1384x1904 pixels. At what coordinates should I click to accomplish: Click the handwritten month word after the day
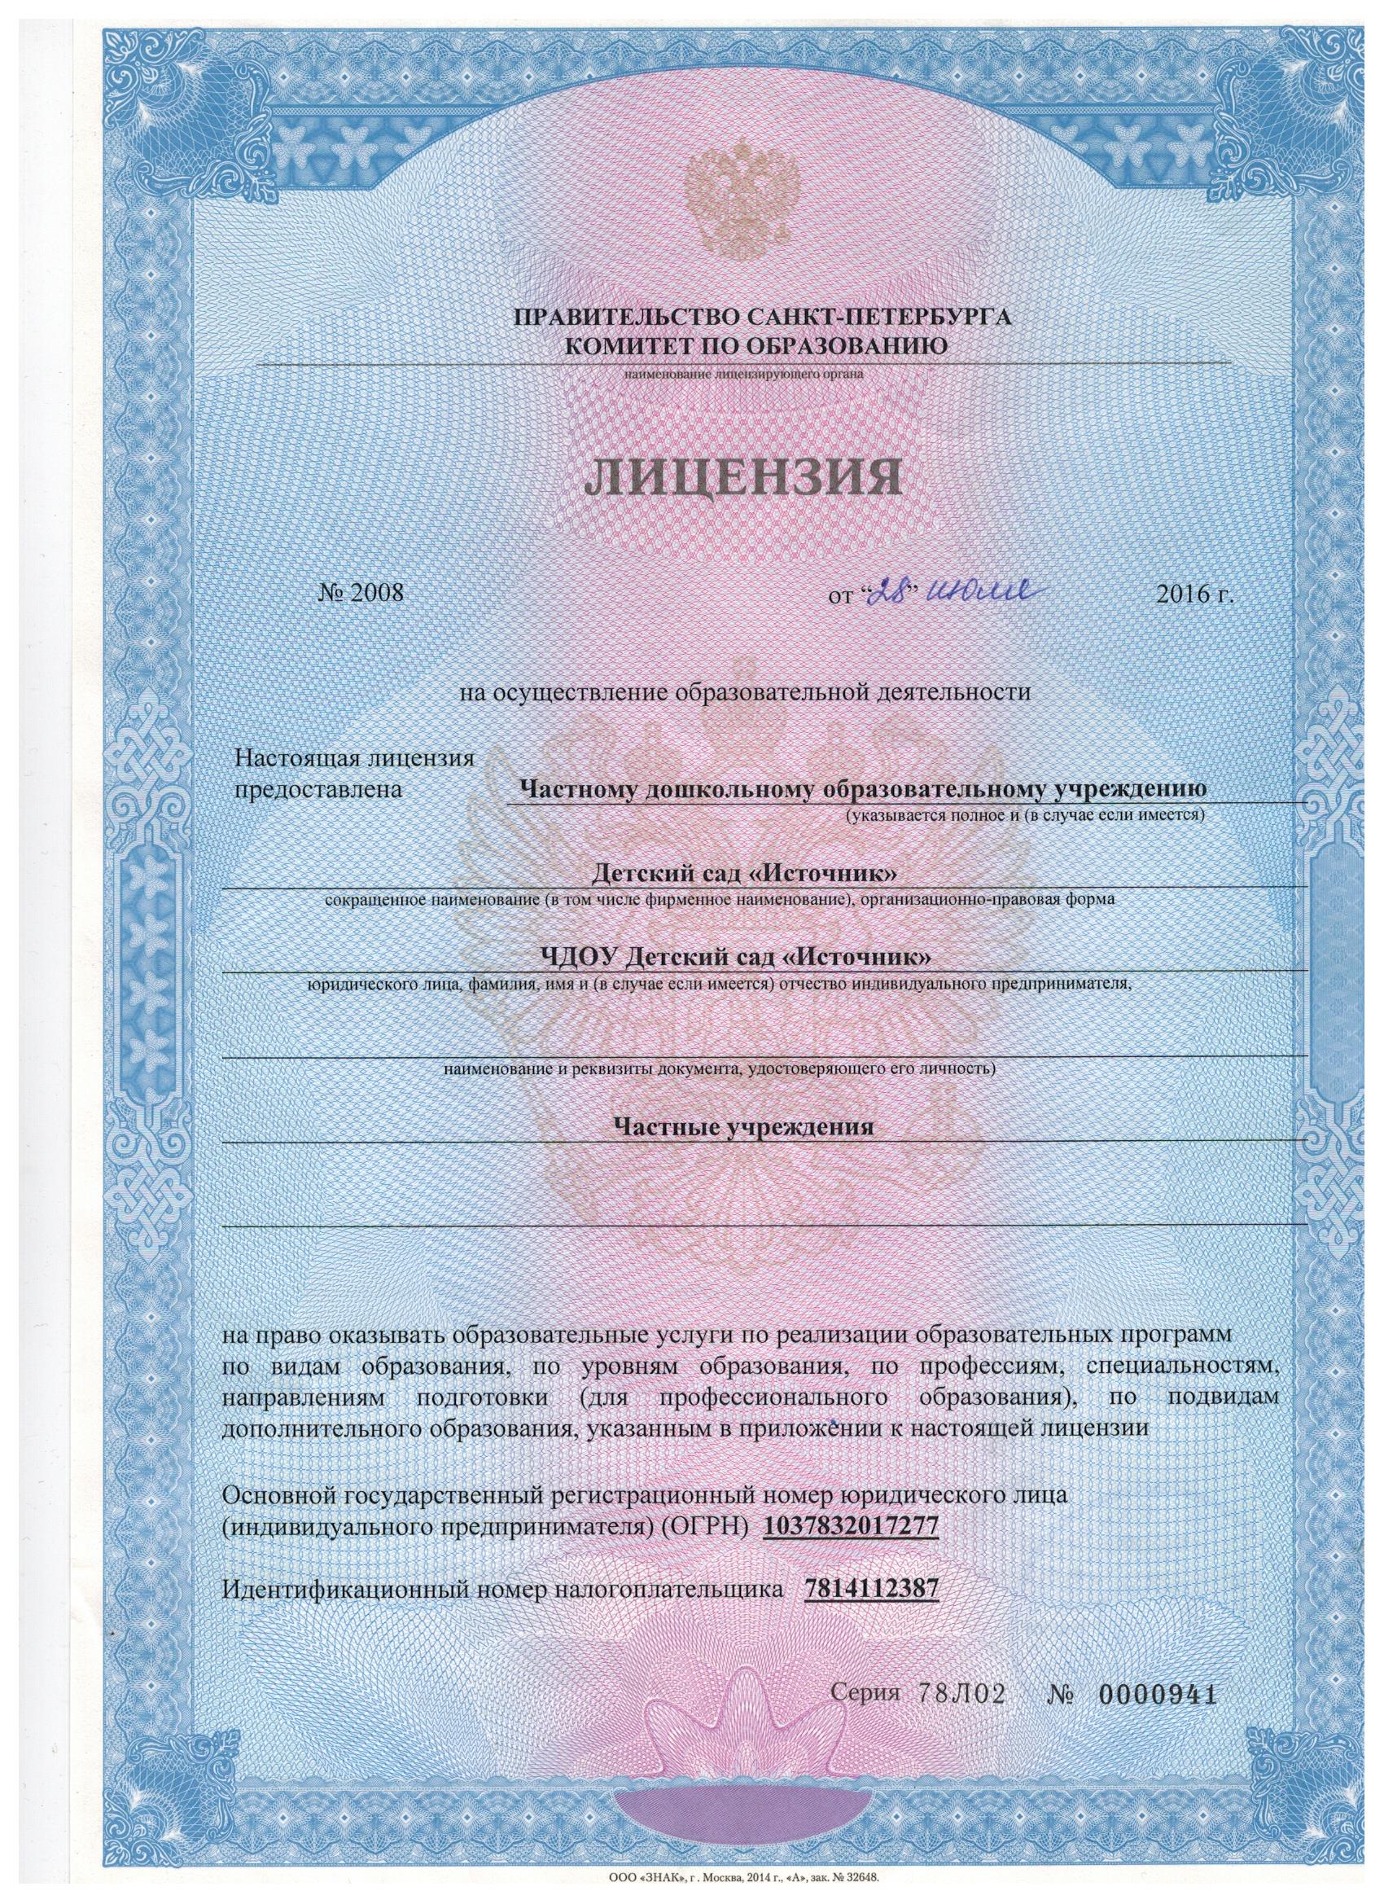point(984,593)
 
